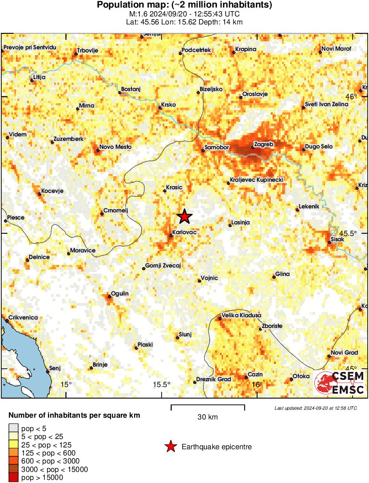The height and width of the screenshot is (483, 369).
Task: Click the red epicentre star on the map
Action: click(185, 216)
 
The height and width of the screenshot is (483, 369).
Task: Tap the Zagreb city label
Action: click(263, 144)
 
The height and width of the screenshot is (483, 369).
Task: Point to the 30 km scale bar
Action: click(207, 406)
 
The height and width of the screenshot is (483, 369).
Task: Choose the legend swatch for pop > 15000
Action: click(14, 477)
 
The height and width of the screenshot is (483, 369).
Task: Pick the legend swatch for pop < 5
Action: click(14, 429)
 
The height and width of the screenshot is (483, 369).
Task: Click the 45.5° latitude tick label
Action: click(348, 233)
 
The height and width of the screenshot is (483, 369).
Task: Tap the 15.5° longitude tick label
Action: click(162, 384)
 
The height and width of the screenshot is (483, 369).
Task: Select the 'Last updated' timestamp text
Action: click(315, 408)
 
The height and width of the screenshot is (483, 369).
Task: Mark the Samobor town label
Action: click(216, 147)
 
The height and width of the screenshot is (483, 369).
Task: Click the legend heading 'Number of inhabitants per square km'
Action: click(74, 416)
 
